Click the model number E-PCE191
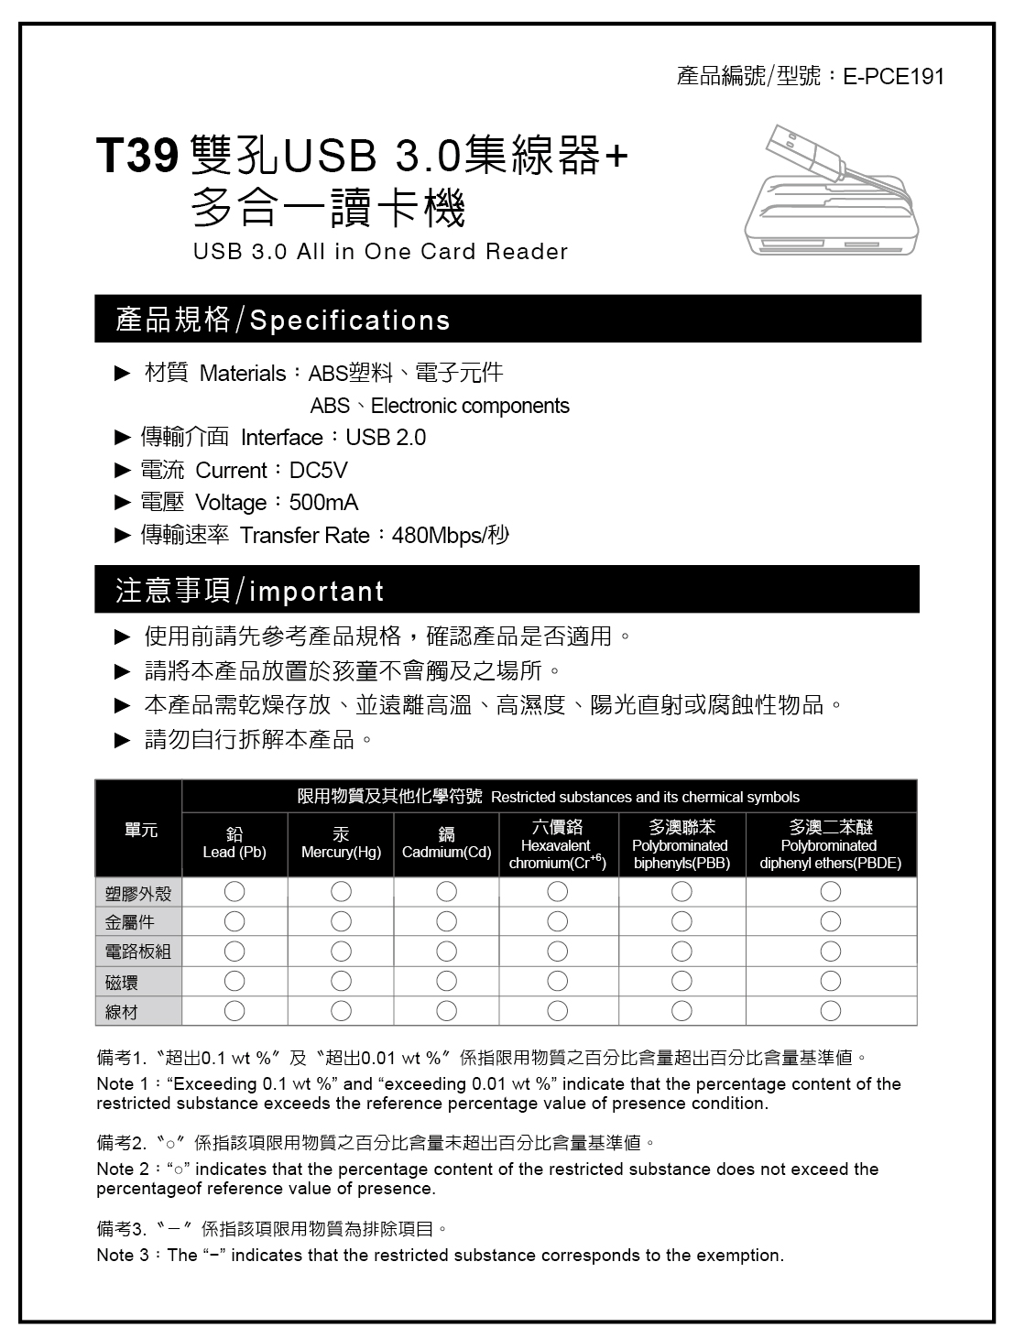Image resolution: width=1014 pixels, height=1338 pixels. (893, 76)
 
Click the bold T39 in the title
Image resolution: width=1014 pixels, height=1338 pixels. (136, 156)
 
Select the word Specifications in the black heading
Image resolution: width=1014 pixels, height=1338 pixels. (350, 321)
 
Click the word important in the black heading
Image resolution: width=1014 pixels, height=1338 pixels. (316, 592)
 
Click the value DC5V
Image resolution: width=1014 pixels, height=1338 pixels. (318, 471)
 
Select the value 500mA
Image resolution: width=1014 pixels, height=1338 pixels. (323, 503)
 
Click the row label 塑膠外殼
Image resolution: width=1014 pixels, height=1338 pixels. (138, 893)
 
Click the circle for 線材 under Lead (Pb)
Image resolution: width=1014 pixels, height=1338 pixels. (234, 1011)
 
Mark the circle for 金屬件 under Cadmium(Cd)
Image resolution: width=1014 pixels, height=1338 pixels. (447, 921)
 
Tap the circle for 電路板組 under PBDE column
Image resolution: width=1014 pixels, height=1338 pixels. (830, 952)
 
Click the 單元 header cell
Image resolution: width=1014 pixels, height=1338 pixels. (140, 830)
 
